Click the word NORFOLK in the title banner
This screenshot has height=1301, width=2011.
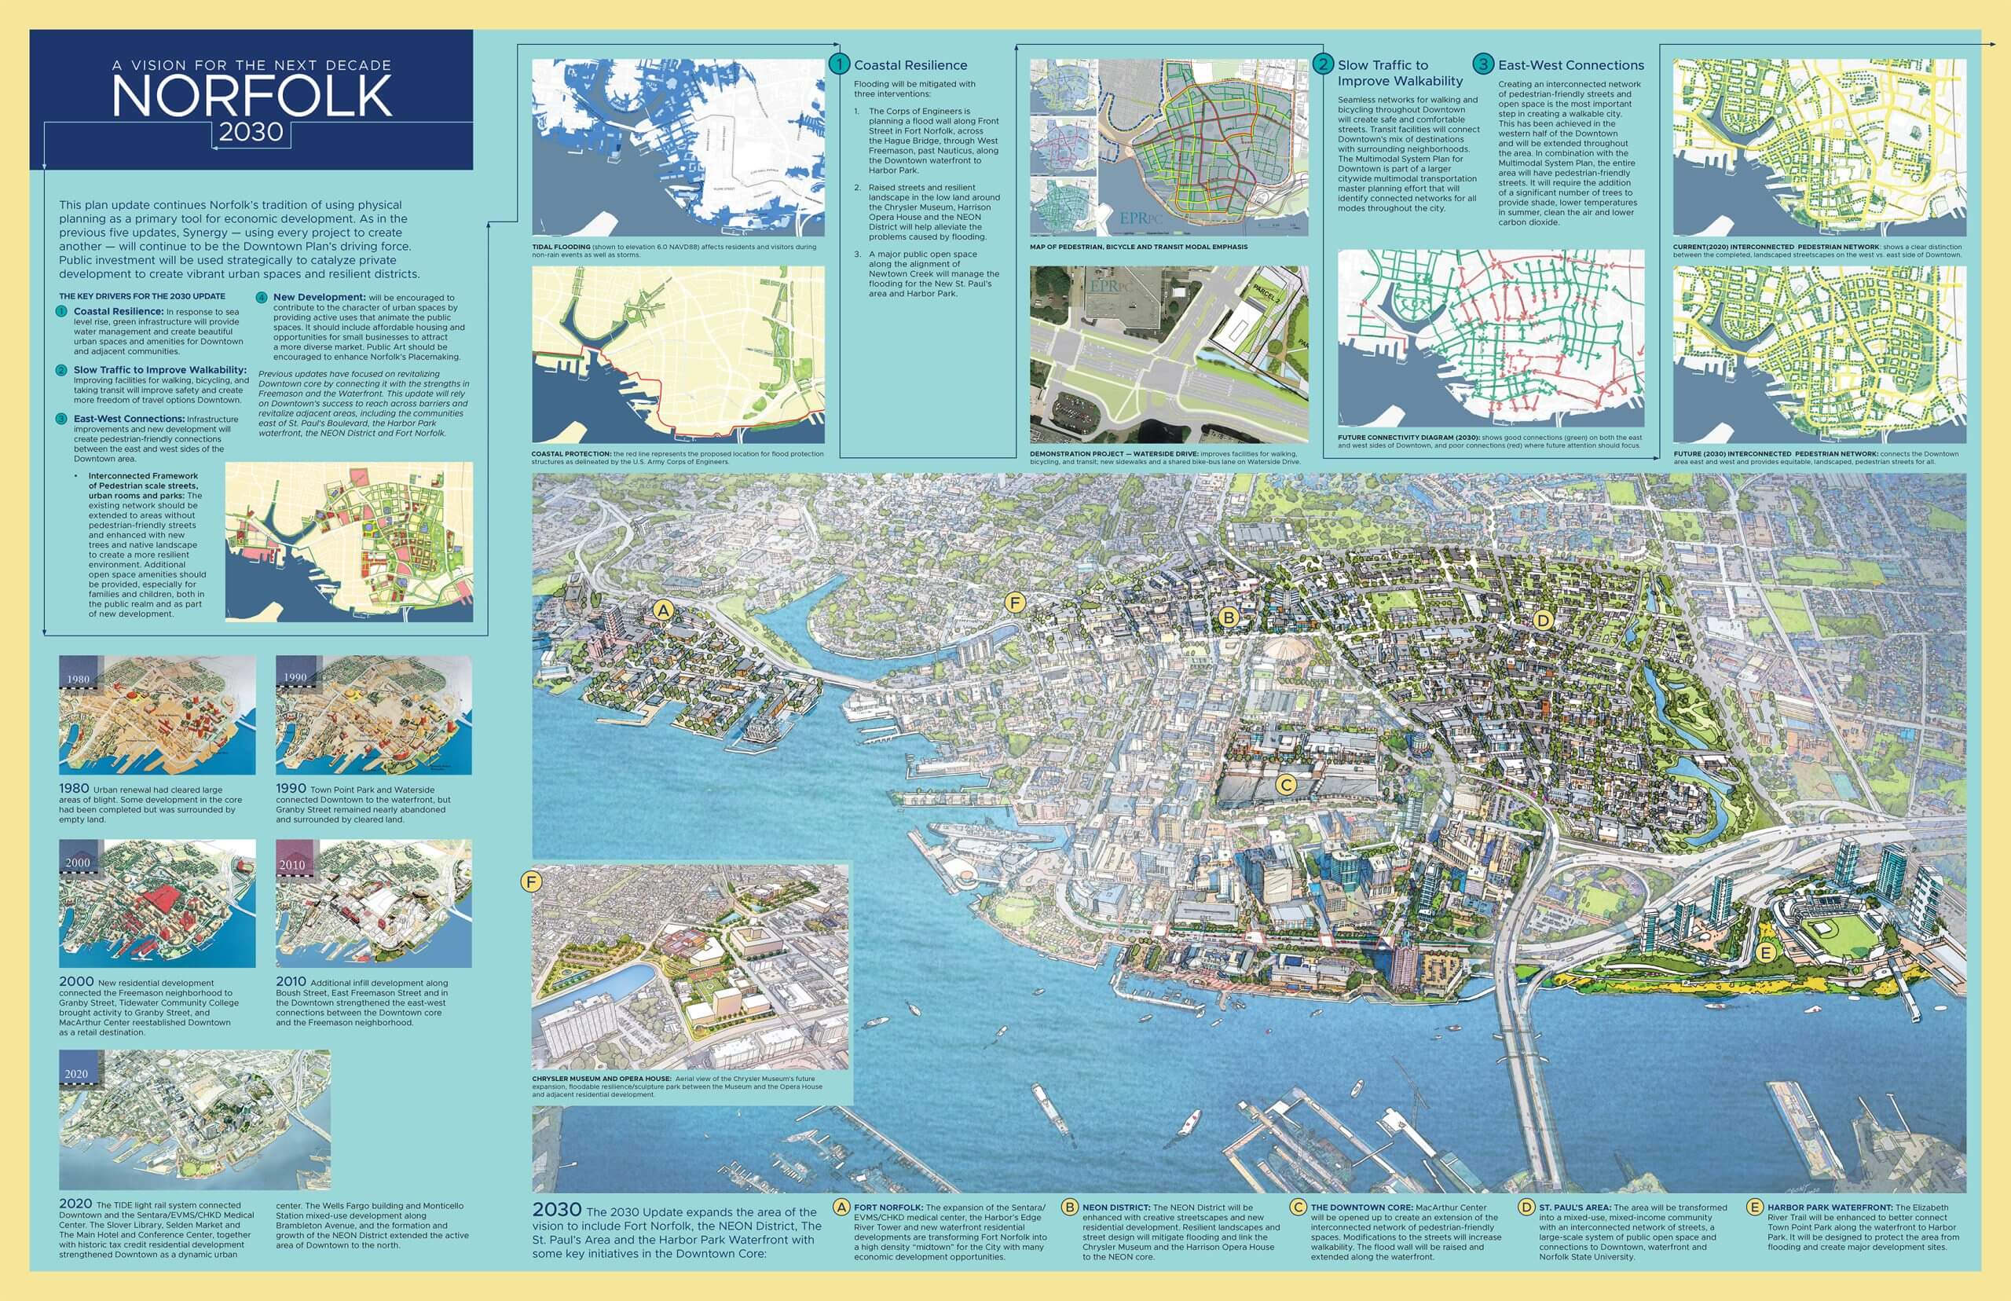tap(251, 96)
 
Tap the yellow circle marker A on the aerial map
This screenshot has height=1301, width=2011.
tap(663, 610)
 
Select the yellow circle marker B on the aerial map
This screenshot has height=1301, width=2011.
tap(1229, 618)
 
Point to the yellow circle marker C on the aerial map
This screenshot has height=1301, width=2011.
tap(1285, 785)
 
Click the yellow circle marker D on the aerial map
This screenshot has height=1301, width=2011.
tap(1543, 620)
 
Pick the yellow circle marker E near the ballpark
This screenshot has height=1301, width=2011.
tap(1764, 953)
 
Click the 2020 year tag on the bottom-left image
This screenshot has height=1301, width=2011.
tap(76, 1074)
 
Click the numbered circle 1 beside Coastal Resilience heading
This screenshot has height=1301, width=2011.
tap(839, 64)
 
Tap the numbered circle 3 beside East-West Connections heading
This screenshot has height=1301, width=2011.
tap(1482, 64)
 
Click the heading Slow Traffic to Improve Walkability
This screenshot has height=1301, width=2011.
tap(1400, 72)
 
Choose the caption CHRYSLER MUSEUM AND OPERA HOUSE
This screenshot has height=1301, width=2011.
tap(600, 1079)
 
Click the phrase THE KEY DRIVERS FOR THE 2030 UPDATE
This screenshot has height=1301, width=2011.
tap(142, 296)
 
